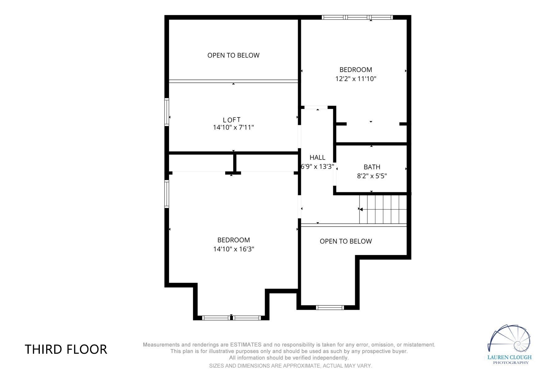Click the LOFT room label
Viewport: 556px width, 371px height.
point(232,120)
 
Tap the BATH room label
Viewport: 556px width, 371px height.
point(372,167)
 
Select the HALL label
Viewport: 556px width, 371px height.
point(318,157)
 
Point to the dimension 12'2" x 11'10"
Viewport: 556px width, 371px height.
point(356,79)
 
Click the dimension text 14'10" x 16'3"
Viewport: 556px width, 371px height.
point(234,249)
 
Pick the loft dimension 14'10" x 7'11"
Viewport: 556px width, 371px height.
point(234,127)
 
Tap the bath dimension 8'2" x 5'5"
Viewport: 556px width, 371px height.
point(372,176)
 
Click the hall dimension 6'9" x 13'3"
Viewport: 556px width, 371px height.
point(318,167)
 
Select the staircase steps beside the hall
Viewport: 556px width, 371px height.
point(383,209)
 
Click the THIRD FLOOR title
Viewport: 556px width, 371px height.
point(66,349)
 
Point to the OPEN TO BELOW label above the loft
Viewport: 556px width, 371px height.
point(234,55)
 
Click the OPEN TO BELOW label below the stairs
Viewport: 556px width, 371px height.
point(346,241)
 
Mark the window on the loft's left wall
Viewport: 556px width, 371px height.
point(167,112)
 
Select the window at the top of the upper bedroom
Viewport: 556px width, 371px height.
point(357,17)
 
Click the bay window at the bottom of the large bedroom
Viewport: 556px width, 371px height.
point(231,318)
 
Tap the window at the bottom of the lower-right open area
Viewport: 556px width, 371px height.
point(330,307)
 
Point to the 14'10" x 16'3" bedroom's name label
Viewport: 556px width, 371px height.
point(234,240)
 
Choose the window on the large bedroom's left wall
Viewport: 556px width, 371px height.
point(167,194)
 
